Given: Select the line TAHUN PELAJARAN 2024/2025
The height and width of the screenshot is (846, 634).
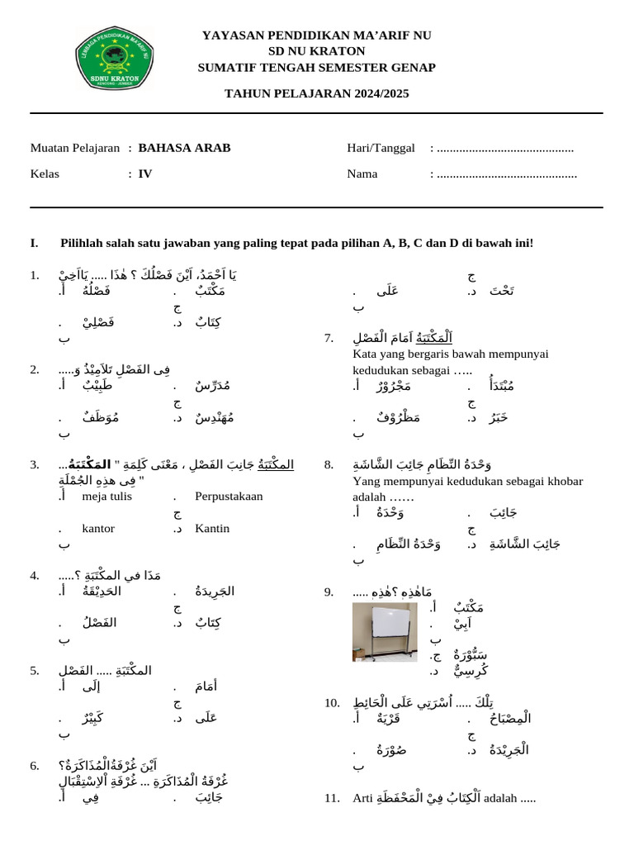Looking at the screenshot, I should point(316,93).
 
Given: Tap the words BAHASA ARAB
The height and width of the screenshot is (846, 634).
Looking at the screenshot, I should point(184,149).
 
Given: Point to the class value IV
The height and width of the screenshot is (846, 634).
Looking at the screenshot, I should point(145,174).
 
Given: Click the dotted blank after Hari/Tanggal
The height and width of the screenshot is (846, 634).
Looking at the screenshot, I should point(504,149).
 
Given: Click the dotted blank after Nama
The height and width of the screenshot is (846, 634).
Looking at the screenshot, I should point(506,174).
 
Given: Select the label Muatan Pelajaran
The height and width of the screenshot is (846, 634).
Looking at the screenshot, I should point(75,149).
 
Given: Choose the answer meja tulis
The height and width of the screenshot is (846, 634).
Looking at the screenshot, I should point(107,497).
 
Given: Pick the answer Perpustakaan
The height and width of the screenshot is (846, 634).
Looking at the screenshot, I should point(229,497).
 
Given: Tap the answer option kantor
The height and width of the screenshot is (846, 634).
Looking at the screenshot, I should point(98,528).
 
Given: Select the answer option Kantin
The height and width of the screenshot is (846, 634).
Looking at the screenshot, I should point(212,528).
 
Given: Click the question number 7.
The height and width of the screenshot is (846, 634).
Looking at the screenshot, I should point(329,338).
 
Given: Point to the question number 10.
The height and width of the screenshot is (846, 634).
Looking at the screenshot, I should point(332,703).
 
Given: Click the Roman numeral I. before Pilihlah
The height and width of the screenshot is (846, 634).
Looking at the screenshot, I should point(35,243).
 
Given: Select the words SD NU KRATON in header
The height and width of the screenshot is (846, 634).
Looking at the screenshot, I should point(316,50).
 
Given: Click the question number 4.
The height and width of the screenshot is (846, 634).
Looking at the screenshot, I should point(35,575).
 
